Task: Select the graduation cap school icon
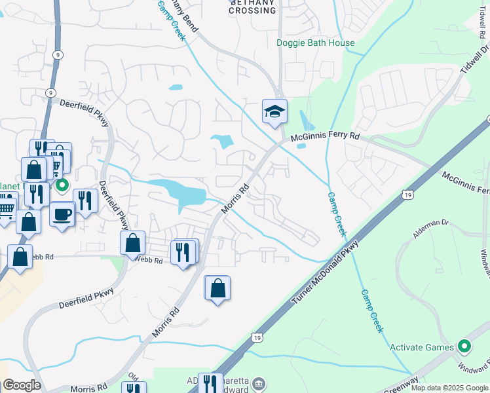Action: (x=274, y=111)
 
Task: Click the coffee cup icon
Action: (x=62, y=214)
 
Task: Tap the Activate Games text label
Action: (x=421, y=347)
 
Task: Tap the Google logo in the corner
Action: (x=22, y=385)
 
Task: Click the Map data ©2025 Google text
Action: (x=449, y=388)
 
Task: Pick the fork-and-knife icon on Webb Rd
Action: (x=183, y=252)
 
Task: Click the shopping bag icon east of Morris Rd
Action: (x=217, y=288)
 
